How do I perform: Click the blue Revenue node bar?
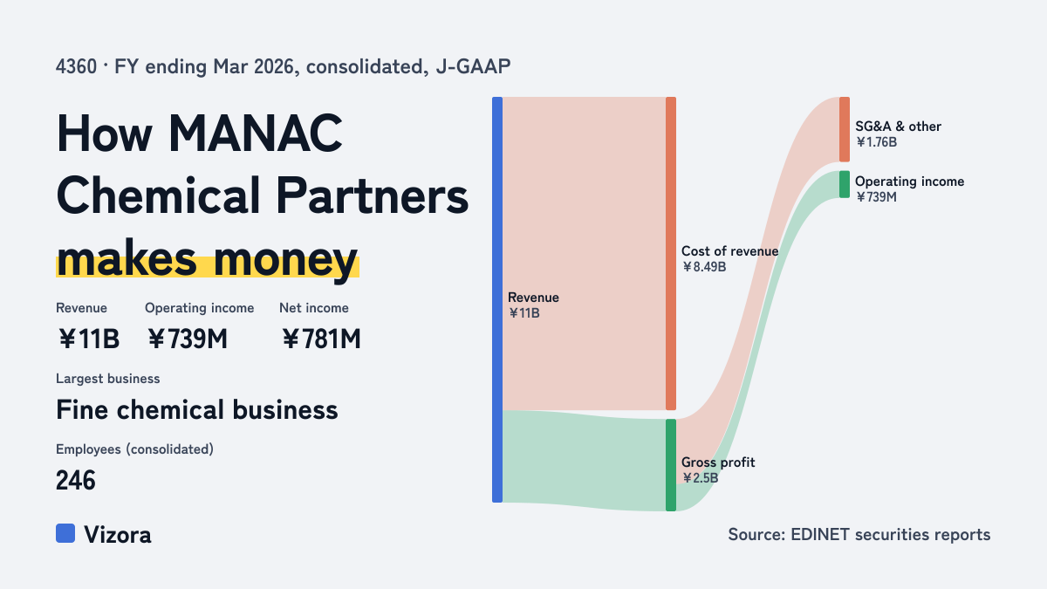tap(497, 299)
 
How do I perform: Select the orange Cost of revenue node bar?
tap(671, 253)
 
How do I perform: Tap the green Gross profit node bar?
tap(671, 465)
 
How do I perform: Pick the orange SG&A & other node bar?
tap(845, 129)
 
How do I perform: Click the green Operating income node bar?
tap(845, 184)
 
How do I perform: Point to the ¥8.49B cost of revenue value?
tap(704, 267)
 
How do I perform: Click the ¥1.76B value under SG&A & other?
tap(876, 142)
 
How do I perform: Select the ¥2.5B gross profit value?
tap(700, 478)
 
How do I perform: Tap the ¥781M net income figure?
tap(321, 339)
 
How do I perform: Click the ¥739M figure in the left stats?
tap(188, 339)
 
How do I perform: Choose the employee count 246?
tap(76, 480)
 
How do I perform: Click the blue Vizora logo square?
tap(65, 533)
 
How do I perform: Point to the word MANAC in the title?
tap(255, 134)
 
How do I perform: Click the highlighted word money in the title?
tap(285, 260)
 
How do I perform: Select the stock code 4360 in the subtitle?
tap(76, 66)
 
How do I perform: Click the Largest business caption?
tap(108, 379)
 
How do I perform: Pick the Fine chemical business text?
tap(197, 409)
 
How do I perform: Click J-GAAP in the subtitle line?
tap(473, 66)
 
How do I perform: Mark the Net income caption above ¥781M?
tap(314, 308)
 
